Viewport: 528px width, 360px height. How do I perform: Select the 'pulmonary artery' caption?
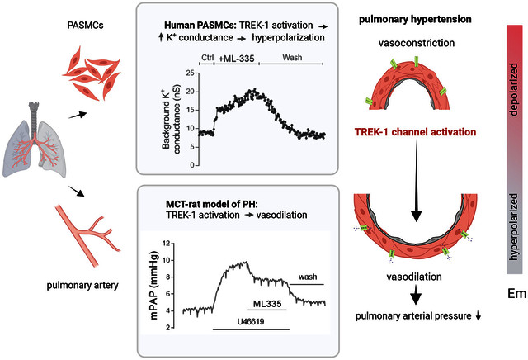click(82, 287)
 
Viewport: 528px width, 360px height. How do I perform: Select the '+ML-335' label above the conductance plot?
click(236, 58)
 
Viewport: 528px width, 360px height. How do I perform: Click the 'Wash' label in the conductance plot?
click(292, 58)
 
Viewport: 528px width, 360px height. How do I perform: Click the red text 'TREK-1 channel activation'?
click(412, 131)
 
